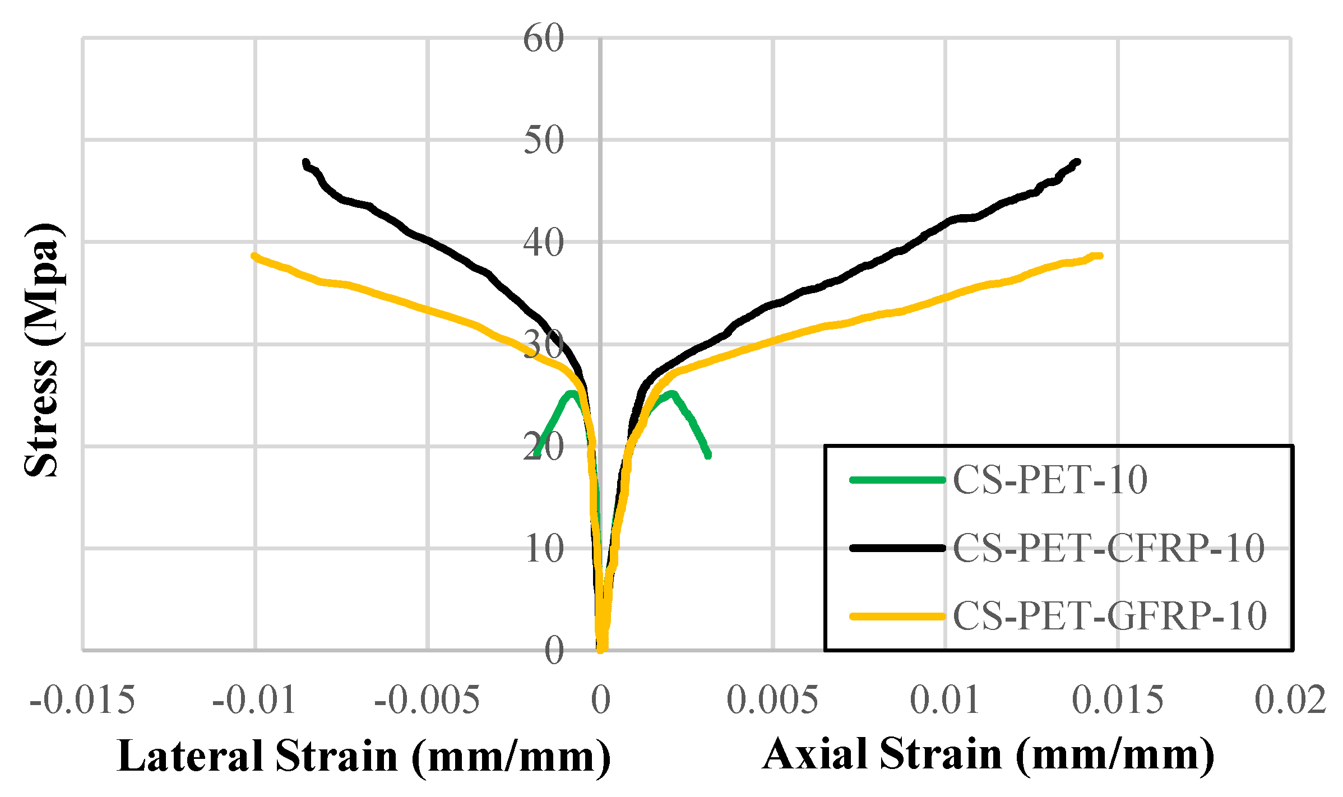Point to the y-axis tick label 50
543,141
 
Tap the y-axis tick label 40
543,243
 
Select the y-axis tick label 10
543,549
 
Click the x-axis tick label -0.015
82,700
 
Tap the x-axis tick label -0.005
427,700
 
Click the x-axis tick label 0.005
772,700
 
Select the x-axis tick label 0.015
1118,700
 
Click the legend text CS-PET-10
1050,480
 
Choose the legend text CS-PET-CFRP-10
1108,548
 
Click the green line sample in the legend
897,480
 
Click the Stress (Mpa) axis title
42,350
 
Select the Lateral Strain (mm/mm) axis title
364,757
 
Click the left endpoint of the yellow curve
254,256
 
